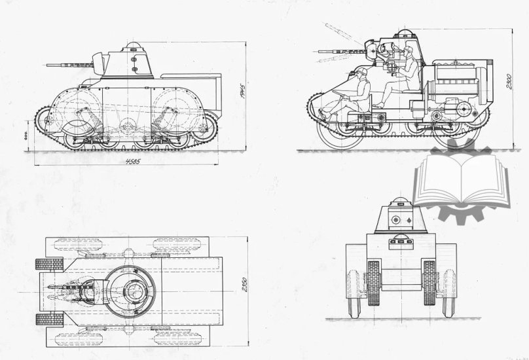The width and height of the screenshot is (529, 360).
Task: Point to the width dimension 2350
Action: point(243,286)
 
